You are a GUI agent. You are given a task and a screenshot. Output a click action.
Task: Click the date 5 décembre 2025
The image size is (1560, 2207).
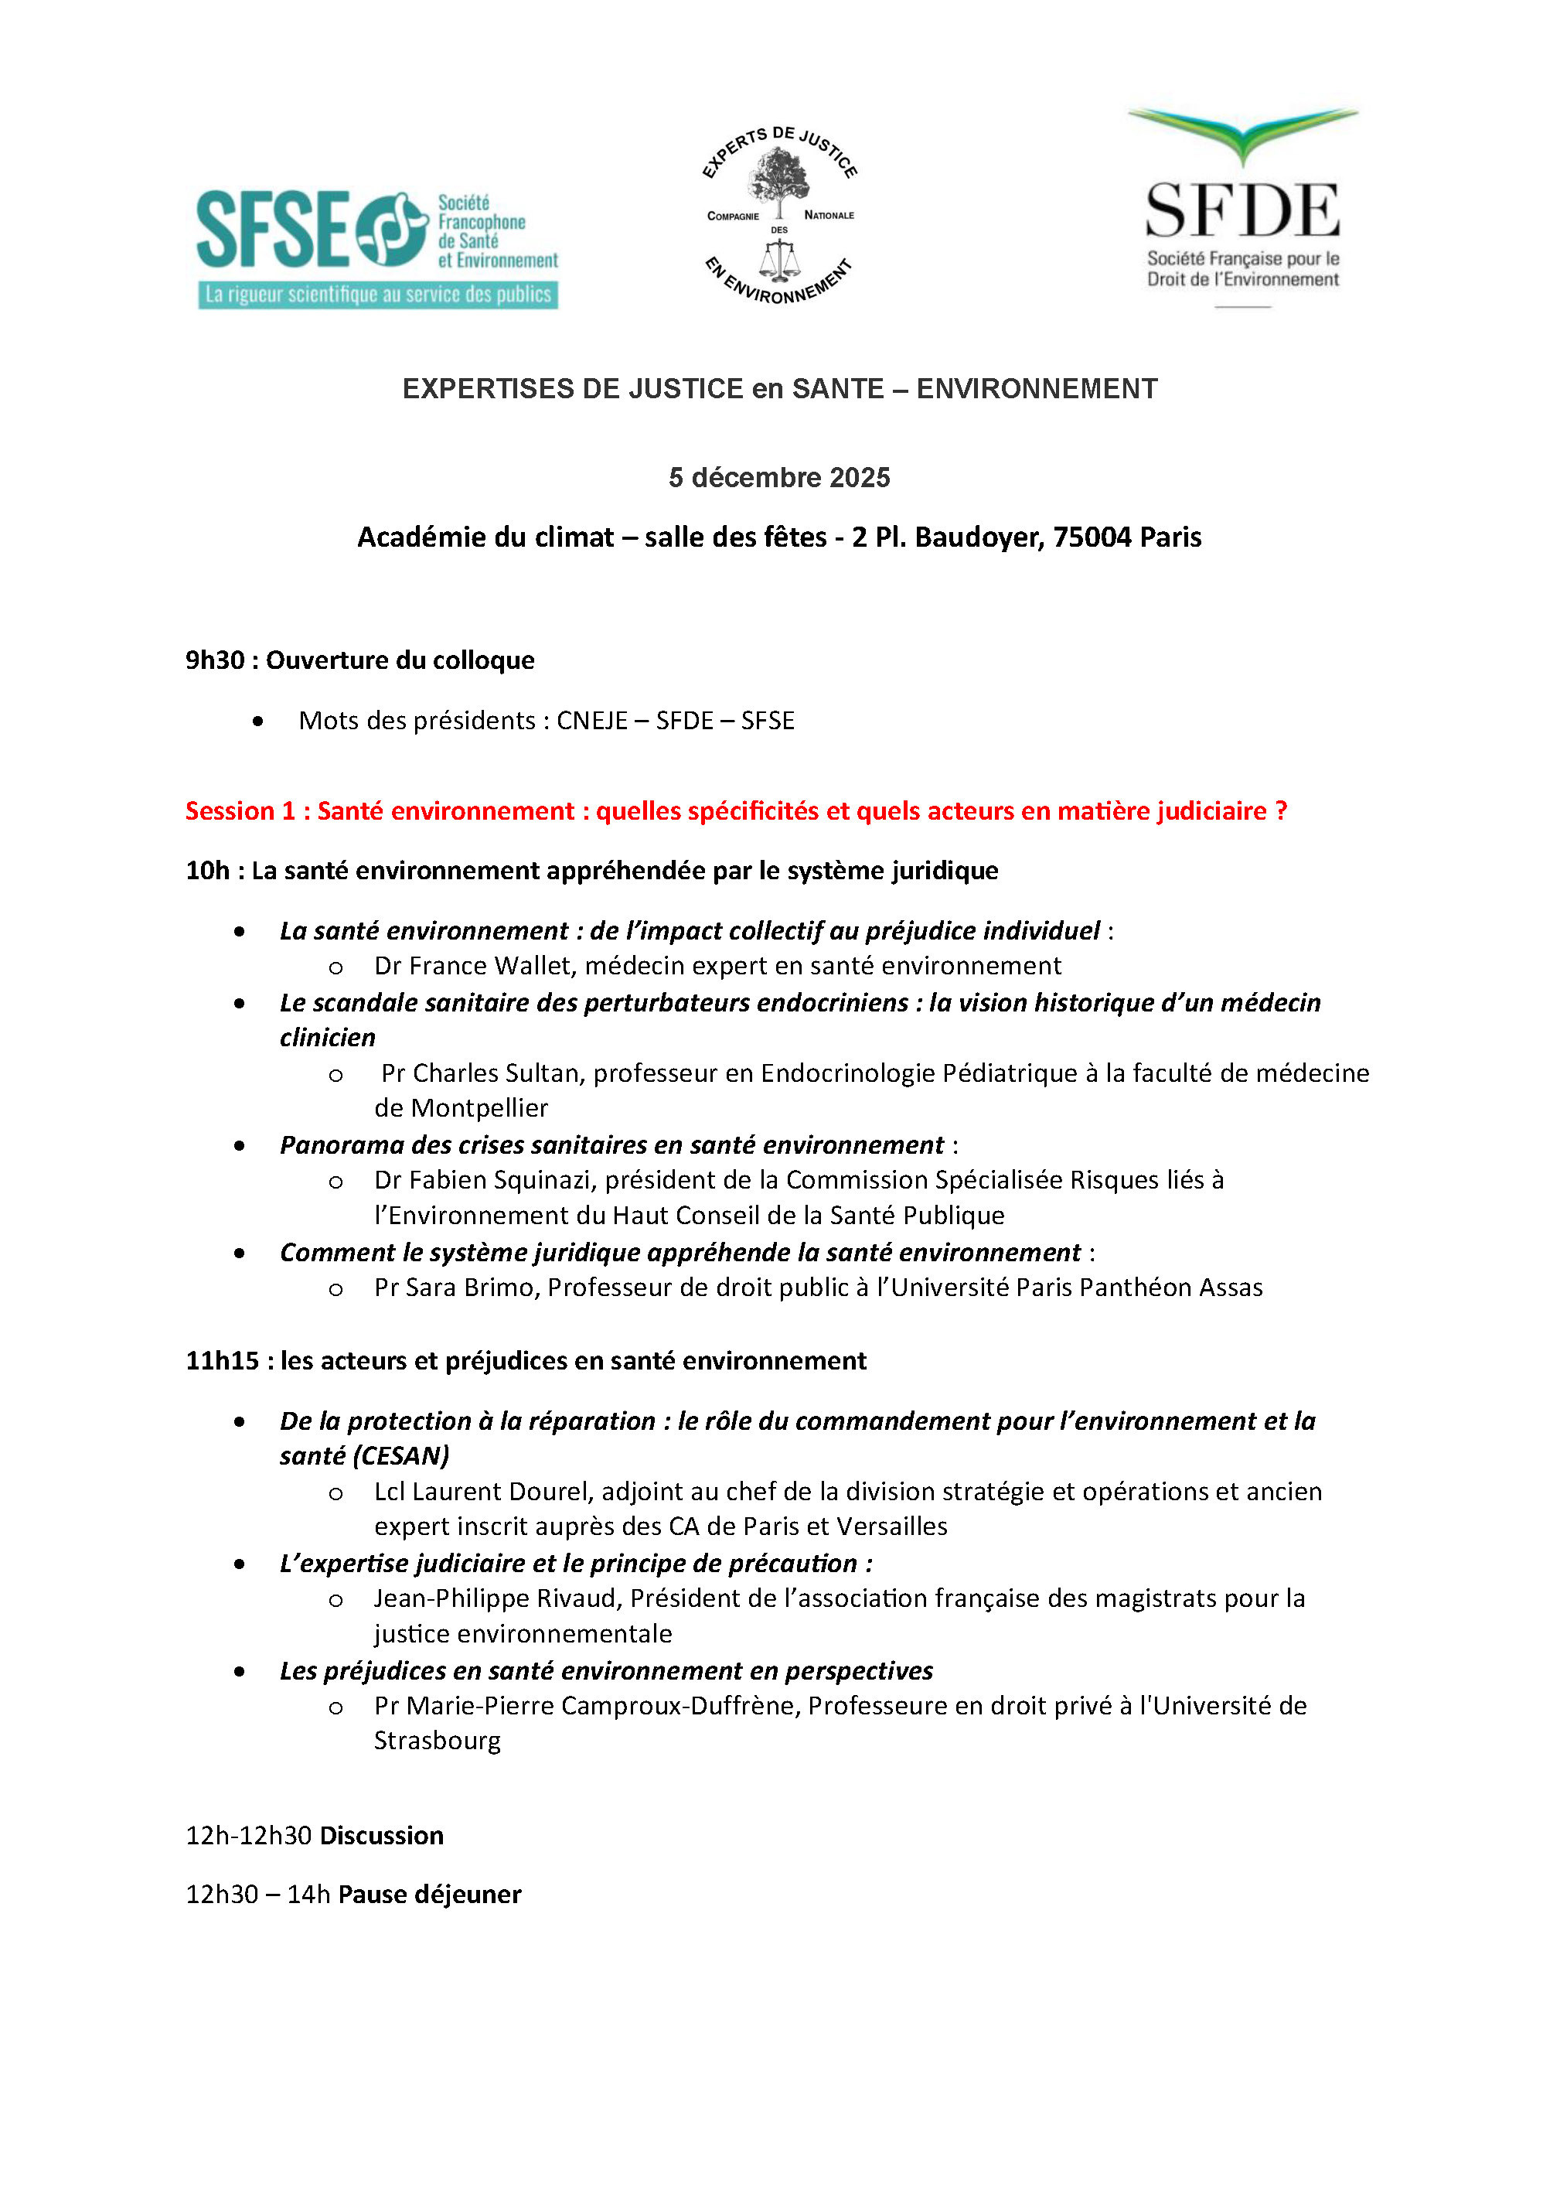(x=779, y=478)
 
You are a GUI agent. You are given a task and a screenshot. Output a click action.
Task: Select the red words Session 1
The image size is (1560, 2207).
(x=240, y=811)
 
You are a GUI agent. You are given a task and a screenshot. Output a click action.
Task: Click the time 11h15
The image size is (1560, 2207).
(x=222, y=1361)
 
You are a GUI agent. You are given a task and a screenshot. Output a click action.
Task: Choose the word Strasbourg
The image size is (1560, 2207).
(x=438, y=1741)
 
